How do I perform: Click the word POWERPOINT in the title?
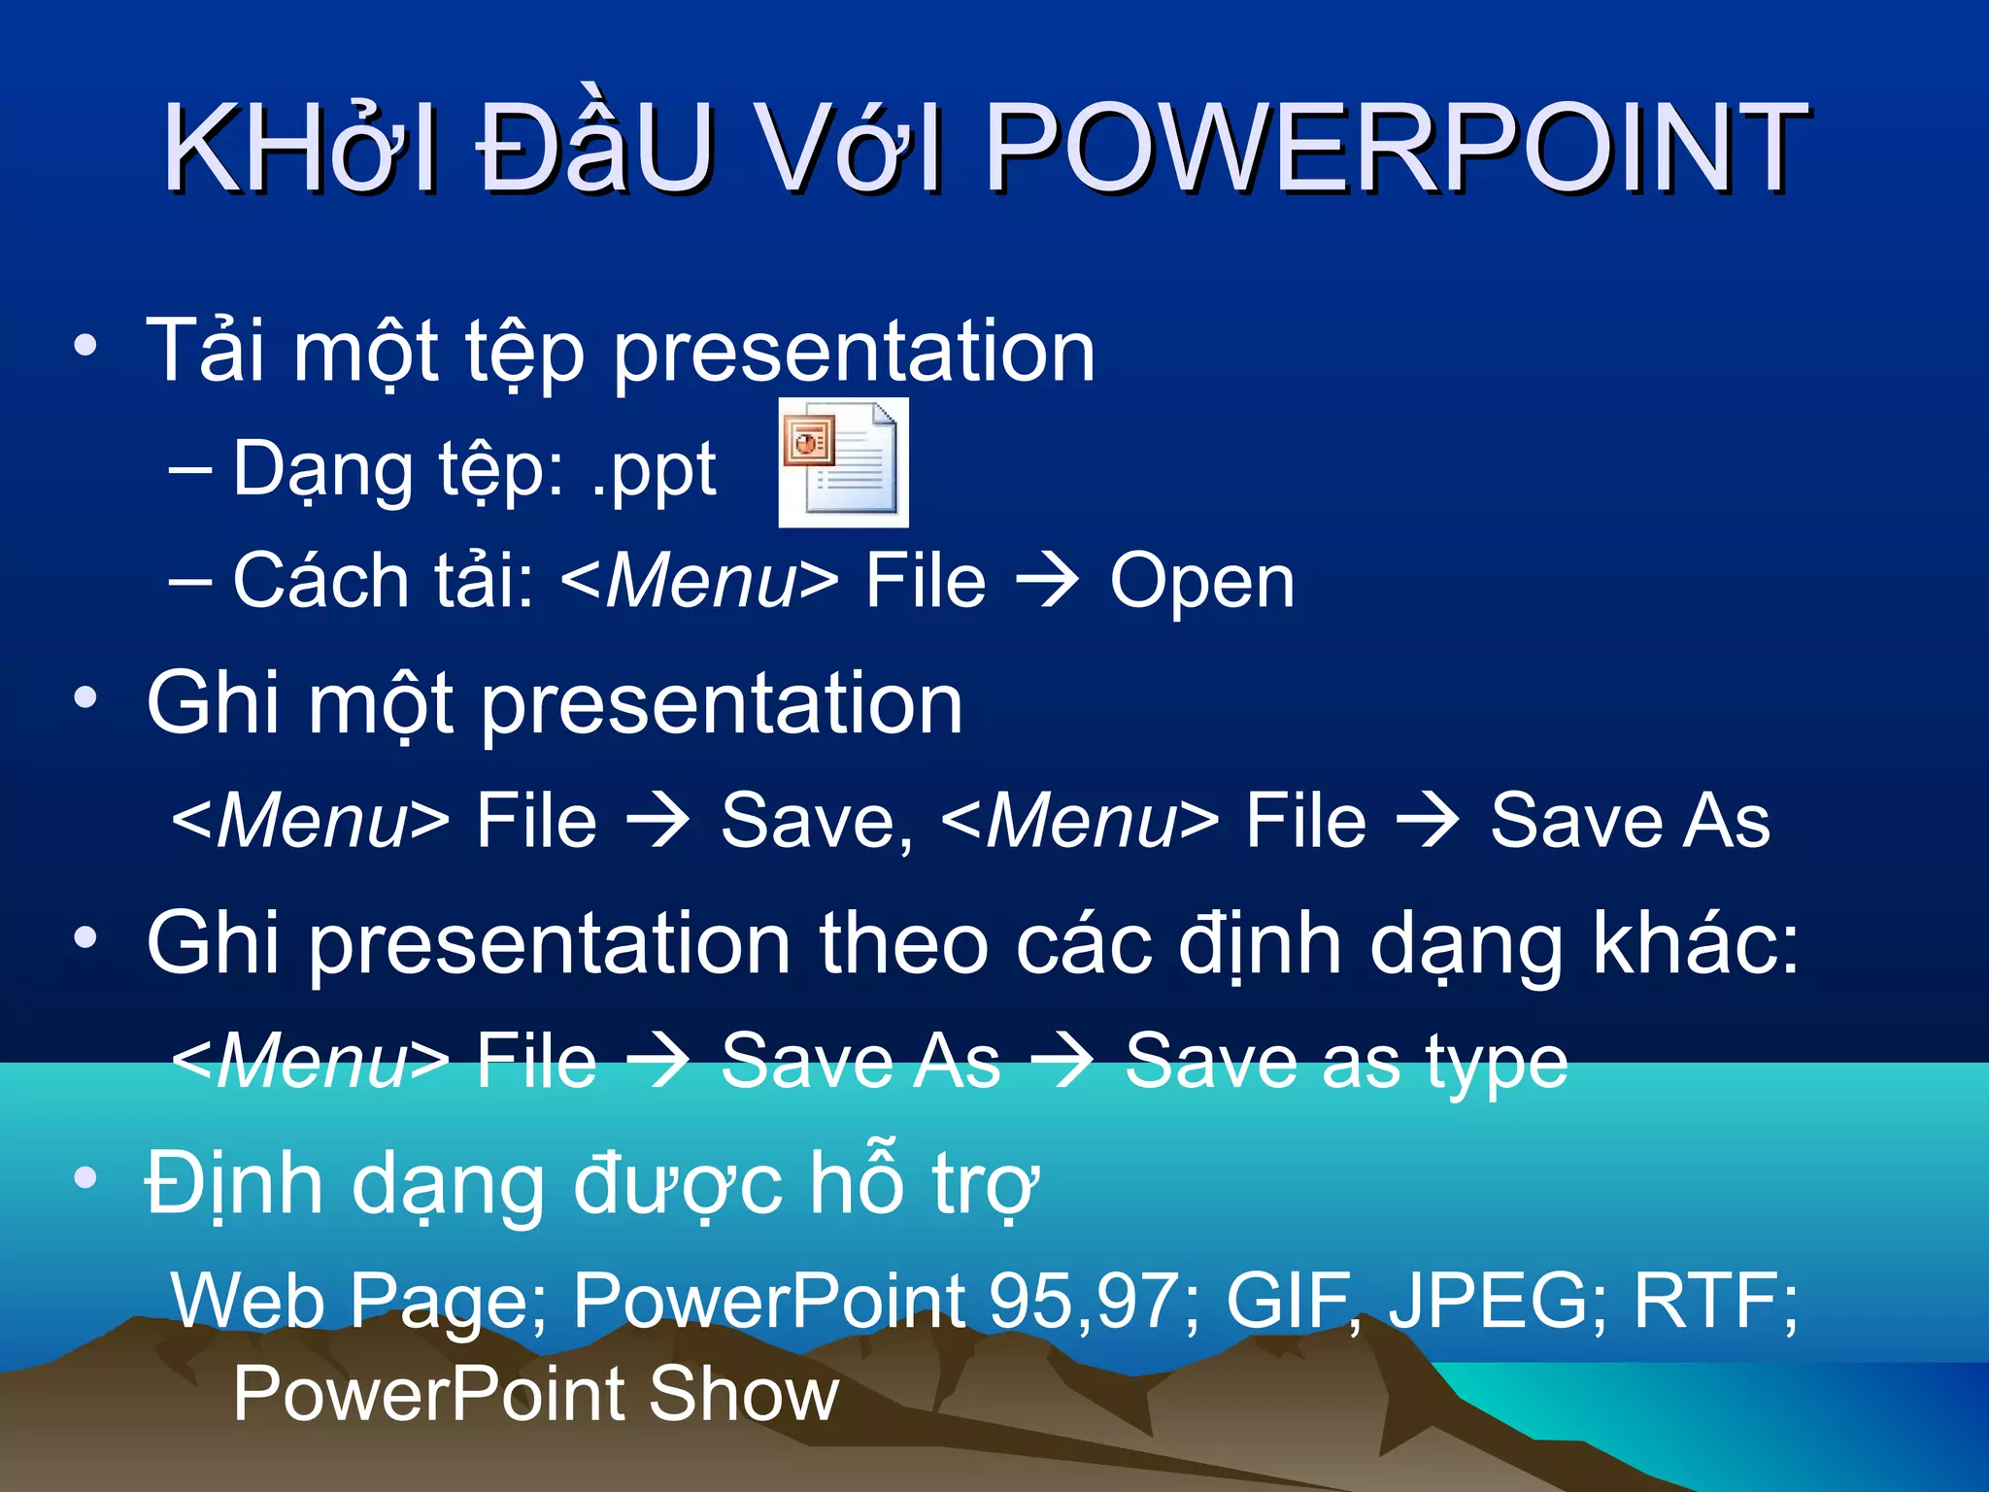(x=1396, y=148)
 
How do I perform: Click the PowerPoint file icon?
(x=843, y=462)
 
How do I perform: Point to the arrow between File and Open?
(x=1047, y=581)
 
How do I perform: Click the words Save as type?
(x=1345, y=1063)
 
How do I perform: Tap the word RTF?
(x=1715, y=1300)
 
